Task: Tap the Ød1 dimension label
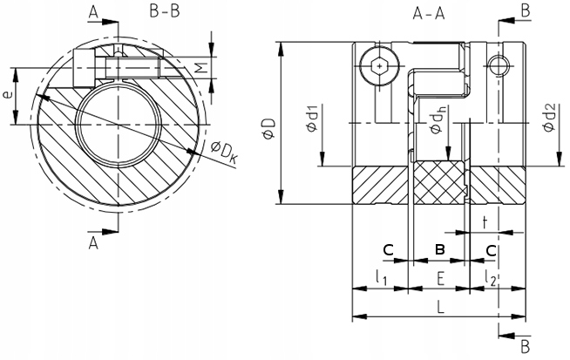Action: (311, 119)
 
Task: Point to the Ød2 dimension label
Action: (548, 118)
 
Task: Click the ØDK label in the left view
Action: (223, 153)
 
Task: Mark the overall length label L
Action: (440, 308)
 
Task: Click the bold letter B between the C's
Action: (440, 250)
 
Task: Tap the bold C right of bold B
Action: (492, 250)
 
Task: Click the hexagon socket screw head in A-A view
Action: (377, 65)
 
